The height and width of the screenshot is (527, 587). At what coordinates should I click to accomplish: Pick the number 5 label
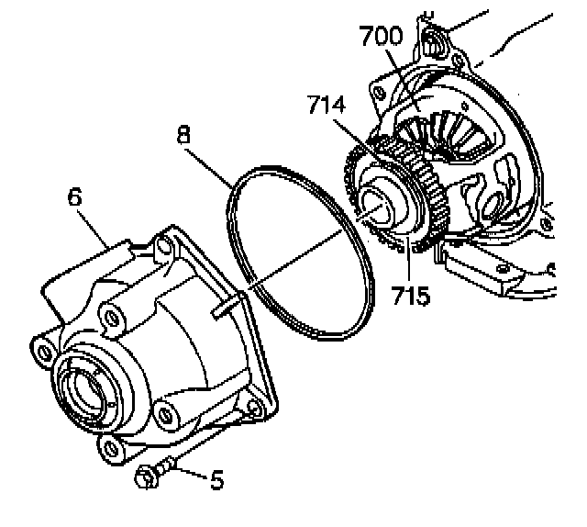(x=216, y=480)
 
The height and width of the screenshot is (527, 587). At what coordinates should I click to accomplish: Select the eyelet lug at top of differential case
(x=435, y=41)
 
